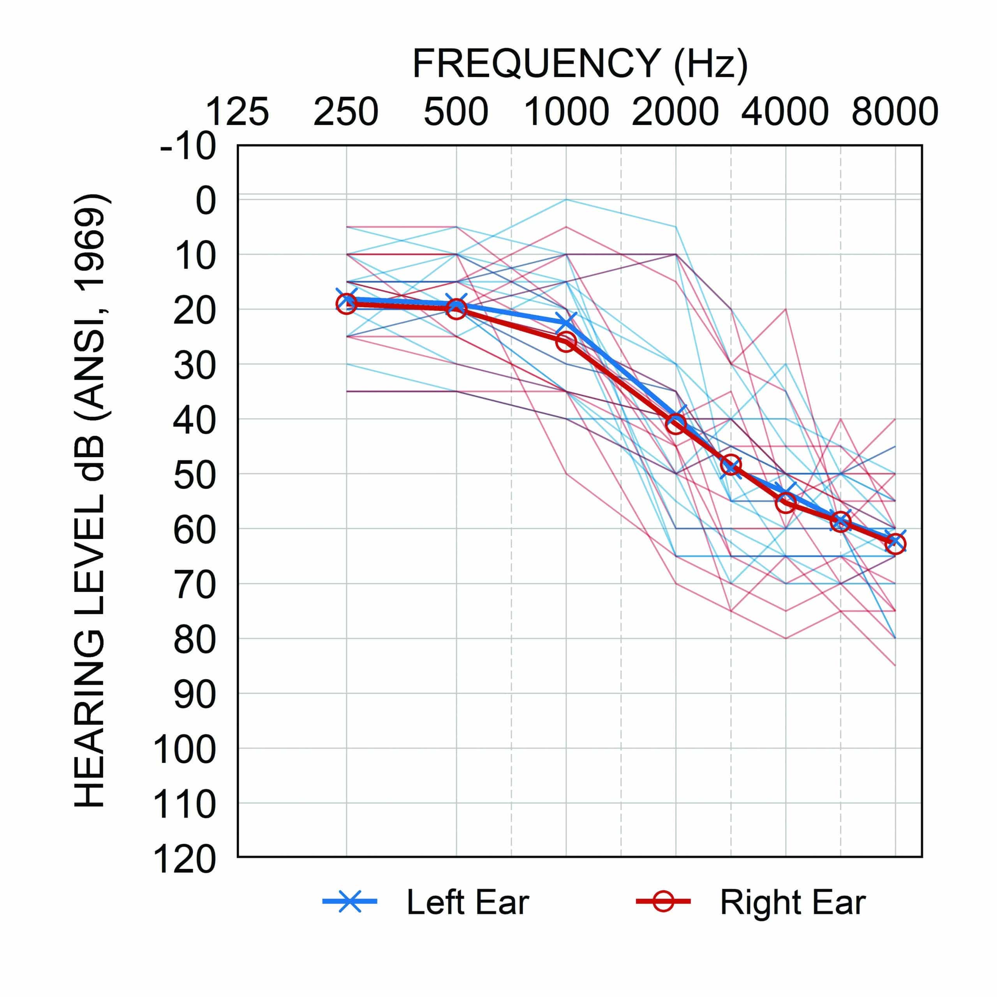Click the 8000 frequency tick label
point(894,112)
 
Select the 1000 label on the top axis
point(566,112)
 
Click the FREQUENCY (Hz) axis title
point(580,64)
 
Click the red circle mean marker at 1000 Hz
point(566,342)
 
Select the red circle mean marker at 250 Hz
point(346,304)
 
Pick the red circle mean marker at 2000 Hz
point(676,425)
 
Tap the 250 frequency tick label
point(346,112)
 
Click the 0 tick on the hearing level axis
point(205,202)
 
